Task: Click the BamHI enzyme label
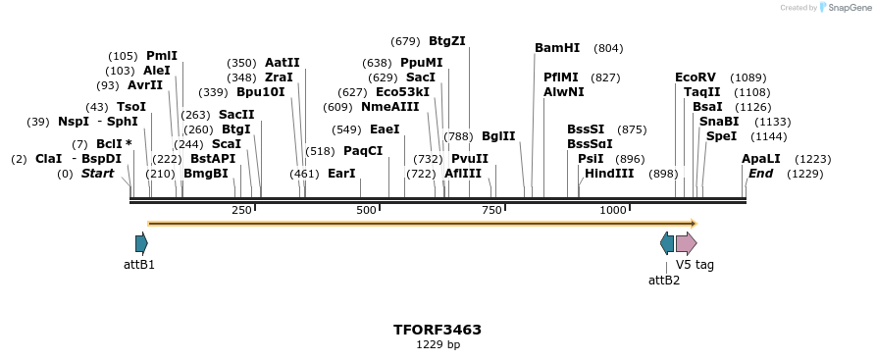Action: coord(557,48)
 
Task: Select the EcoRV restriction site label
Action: coord(696,77)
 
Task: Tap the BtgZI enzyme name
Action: coord(447,41)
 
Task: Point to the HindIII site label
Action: coord(609,174)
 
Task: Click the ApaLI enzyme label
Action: coord(761,159)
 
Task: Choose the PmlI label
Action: coord(162,56)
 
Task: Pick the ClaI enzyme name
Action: coord(49,159)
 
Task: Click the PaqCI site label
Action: coord(363,151)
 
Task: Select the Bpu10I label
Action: coord(261,92)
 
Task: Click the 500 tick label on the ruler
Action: coord(366,211)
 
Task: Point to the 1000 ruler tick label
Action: coord(613,211)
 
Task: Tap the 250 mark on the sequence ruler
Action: coord(241,211)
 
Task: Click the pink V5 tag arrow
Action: coord(687,243)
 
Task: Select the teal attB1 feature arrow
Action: coord(141,243)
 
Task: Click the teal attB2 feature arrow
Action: coord(668,243)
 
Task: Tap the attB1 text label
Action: coord(139,265)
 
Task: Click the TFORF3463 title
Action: coord(438,330)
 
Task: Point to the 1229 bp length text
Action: coord(438,345)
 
